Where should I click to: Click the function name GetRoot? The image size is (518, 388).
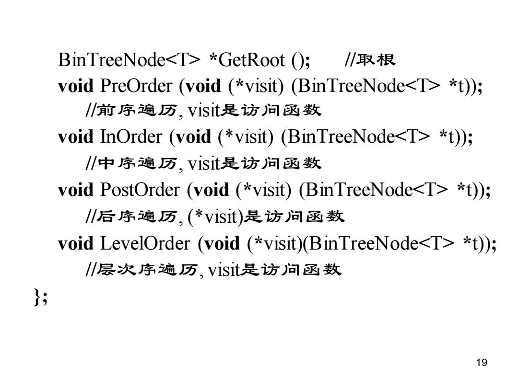251,60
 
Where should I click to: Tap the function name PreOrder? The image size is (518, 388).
136,86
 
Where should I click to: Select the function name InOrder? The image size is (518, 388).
131,137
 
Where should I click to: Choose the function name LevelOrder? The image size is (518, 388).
145,243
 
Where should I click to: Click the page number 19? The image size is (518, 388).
482,363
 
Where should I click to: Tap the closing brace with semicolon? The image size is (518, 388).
40,297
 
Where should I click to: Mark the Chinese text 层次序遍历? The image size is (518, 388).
147,270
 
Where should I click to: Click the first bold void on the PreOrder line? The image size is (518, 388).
76,86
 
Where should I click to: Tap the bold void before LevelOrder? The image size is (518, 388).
76,243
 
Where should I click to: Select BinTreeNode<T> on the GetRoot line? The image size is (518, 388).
129,60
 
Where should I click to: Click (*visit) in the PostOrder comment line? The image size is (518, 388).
215,217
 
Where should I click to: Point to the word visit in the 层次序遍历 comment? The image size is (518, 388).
224,270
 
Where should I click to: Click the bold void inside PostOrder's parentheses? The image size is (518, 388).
211,190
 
